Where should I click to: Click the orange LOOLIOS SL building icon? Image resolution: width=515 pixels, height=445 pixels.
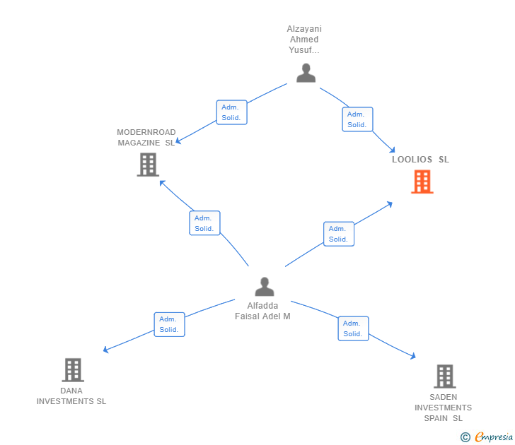[x=422, y=182]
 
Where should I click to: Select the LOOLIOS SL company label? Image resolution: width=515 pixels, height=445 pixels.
[x=420, y=160]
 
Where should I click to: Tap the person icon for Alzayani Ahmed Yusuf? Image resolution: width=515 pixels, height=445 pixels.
[x=306, y=73]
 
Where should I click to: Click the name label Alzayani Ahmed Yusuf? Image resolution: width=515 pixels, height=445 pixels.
[x=303, y=40]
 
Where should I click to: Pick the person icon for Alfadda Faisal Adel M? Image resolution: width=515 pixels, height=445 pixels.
[x=264, y=287]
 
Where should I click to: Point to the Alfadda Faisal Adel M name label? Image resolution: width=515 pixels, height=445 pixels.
[x=262, y=311]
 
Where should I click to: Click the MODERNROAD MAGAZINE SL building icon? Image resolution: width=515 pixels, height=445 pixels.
[x=148, y=165]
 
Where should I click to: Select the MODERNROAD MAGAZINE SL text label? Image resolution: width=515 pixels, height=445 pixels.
[x=146, y=138]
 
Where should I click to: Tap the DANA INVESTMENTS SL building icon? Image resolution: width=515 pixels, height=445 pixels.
[x=73, y=369]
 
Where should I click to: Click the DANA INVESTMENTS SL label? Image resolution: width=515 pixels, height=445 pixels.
[x=71, y=396]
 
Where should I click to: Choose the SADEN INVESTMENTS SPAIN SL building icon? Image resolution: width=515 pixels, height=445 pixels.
[x=444, y=376]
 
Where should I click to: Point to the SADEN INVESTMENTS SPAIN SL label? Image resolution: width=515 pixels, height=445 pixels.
[x=443, y=408]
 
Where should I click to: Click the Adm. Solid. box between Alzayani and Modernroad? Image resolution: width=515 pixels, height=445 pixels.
[x=231, y=112]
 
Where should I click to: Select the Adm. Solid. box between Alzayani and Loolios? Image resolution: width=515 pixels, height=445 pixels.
[x=357, y=119]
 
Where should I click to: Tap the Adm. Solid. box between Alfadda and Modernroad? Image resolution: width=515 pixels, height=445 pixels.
[x=204, y=223]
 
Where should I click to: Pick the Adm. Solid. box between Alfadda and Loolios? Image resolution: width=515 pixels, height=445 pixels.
[x=339, y=234]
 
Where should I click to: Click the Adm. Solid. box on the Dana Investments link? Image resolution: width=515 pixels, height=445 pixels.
[x=169, y=324]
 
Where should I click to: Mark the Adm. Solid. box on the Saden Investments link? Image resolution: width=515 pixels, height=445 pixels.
[x=353, y=328]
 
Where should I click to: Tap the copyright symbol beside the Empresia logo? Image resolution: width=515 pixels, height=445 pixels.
[x=465, y=437]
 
